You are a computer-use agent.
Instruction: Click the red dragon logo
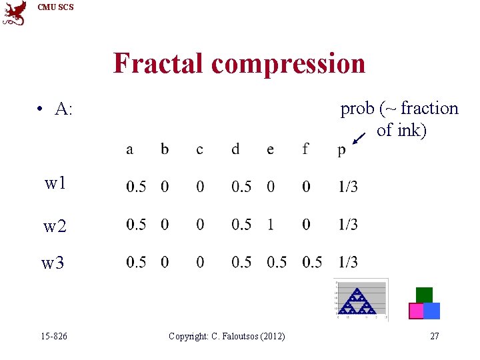[x=14, y=13]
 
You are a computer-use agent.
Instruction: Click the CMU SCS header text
[x=56, y=7]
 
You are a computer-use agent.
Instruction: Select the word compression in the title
[x=288, y=64]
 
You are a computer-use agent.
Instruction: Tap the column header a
[x=129, y=149]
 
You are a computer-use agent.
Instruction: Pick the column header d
[x=235, y=149]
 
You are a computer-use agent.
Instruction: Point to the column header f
[x=305, y=149]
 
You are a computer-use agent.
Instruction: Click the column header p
[x=341, y=150]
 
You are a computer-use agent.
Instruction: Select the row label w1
[x=55, y=183]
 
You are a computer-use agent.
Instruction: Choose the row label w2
[x=55, y=227]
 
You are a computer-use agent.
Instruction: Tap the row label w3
[x=53, y=263]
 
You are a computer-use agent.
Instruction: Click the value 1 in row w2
[x=270, y=225]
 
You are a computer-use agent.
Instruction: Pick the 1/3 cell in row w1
[x=347, y=187]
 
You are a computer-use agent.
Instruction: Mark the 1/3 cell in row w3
[x=347, y=262]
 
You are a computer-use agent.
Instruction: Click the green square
[x=424, y=295]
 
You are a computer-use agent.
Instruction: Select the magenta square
[x=416, y=311]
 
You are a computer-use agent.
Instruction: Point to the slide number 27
[x=434, y=336]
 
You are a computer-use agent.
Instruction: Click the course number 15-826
[x=54, y=336]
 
